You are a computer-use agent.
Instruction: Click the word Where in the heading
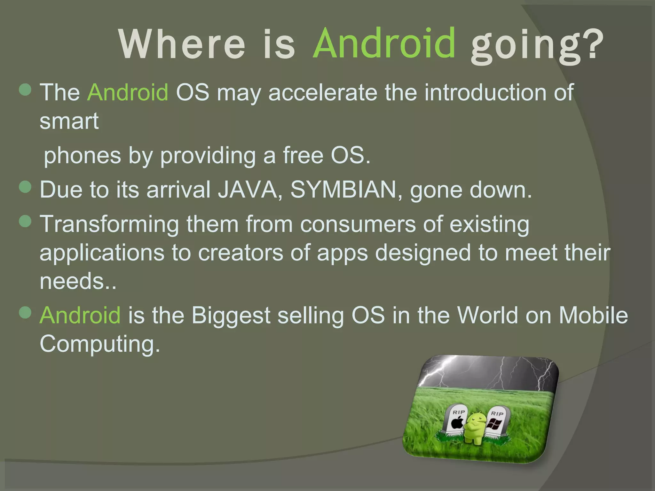tap(182, 45)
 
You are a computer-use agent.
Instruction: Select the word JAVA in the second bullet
tap(247, 190)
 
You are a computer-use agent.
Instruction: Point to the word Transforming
tap(109, 224)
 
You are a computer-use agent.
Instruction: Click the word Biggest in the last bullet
tap(231, 316)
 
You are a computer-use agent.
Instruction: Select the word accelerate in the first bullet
tap(323, 93)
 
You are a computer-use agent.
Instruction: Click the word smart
tap(69, 121)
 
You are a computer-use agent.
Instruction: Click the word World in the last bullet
tap(487, 316)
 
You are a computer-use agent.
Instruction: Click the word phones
tap(82, 156)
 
